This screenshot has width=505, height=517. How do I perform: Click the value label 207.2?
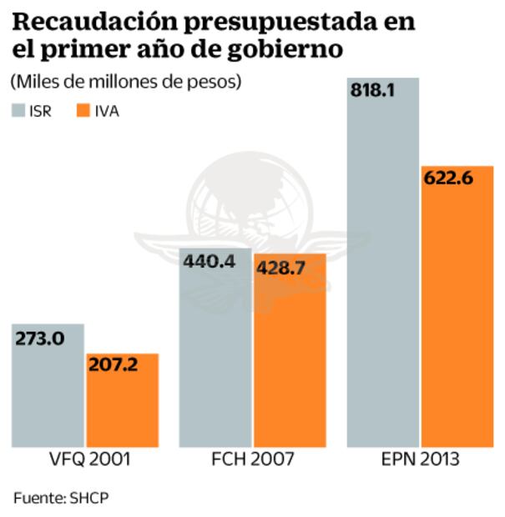coord(114,365)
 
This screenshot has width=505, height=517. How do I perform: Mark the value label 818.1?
coord(373,91)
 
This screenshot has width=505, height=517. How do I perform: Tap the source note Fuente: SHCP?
coord(61,498)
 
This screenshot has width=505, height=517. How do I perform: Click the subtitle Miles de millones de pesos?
coord(126,82)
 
